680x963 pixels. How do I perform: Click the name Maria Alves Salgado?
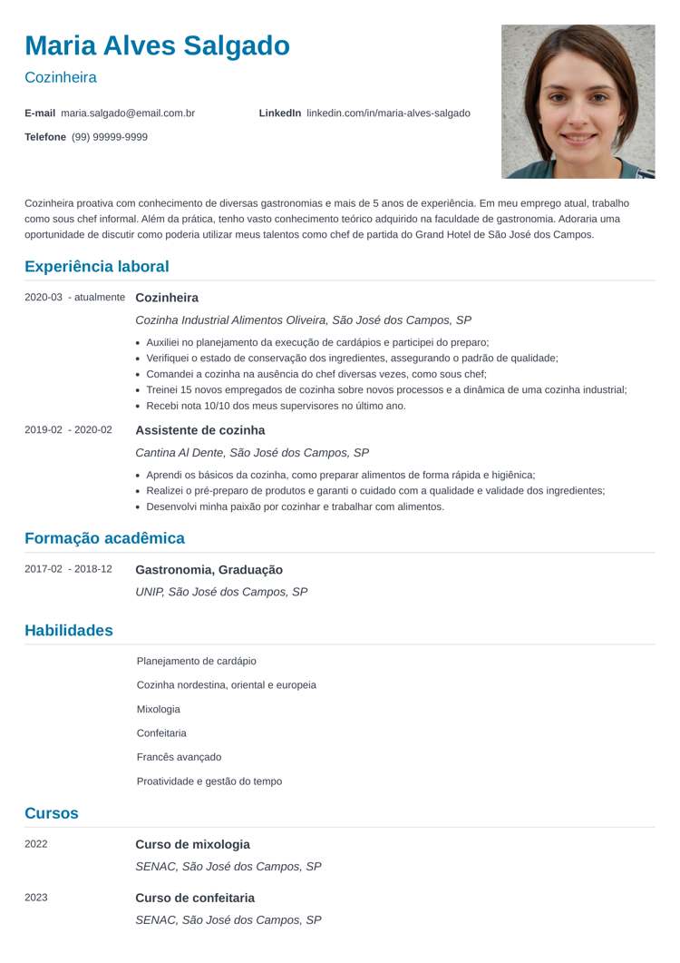coord(158,45)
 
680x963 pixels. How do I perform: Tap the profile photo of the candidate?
coord(578,101)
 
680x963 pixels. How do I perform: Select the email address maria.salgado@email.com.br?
coord(128,113)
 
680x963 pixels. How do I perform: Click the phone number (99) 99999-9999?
coord(110,137)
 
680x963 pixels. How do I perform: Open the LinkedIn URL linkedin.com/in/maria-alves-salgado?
coord(388,113)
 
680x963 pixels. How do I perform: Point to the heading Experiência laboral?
coord(97,267)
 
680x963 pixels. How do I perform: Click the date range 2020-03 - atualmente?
coord(74,298)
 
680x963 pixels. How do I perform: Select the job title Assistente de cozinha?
coord(199,430)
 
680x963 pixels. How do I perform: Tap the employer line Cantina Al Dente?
coord(252,452)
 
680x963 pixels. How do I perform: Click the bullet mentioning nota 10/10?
coord(276,406)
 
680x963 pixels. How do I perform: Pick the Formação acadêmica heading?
coord(104,538)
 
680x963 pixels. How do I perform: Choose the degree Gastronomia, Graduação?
coord(209,570)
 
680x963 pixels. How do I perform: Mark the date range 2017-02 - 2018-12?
coord(69,569)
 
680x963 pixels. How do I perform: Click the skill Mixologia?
coord(159,709)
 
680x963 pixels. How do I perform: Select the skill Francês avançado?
coord(179,757)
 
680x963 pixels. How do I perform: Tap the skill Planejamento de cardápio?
coord(196,661)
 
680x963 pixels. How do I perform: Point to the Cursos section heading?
coord(52,813)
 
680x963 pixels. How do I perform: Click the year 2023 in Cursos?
coord(36,898)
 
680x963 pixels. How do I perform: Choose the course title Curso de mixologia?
coord(192,844)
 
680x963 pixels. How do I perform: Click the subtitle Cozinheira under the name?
coord(61,78)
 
